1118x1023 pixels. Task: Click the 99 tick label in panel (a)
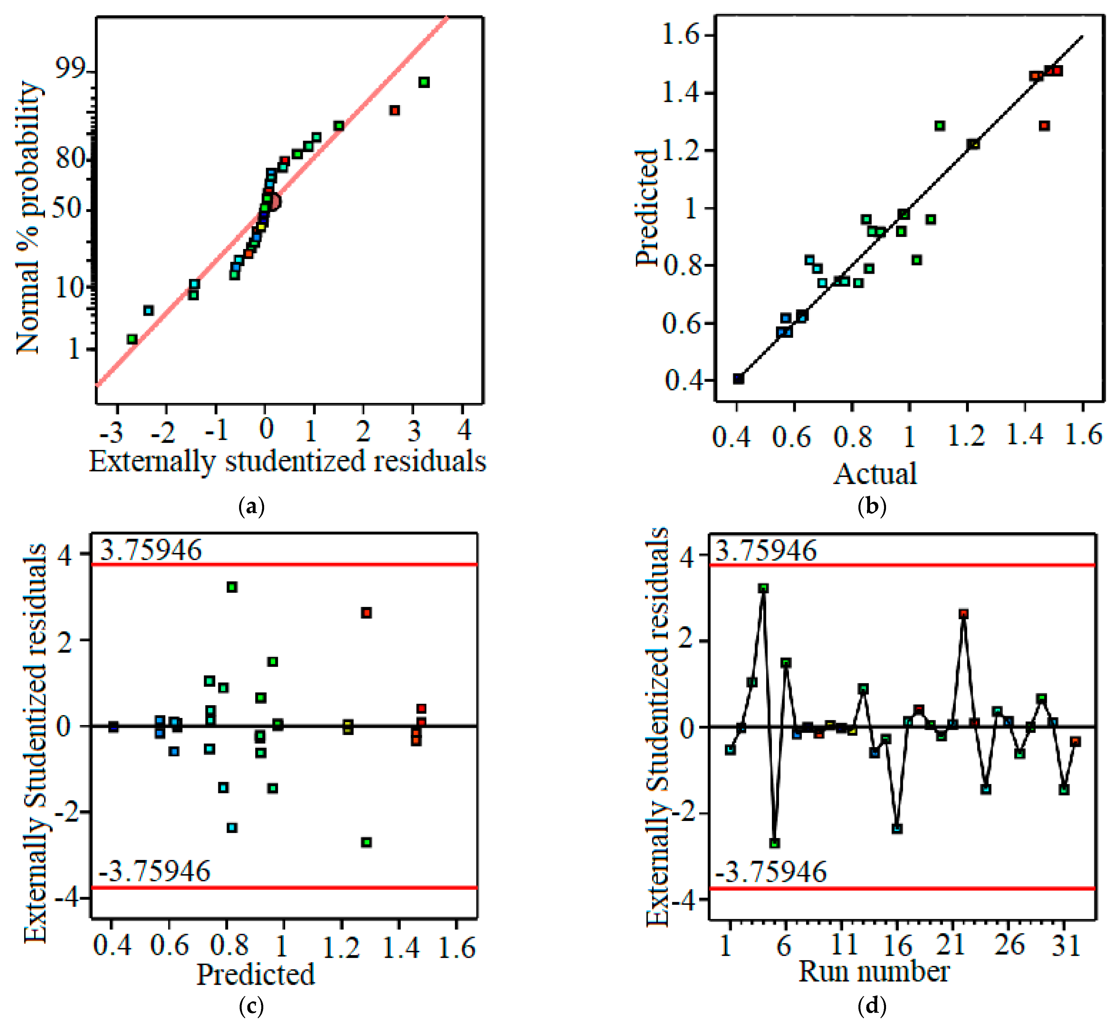coord(70,70)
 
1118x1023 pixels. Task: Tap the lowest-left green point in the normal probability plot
coord(132,339)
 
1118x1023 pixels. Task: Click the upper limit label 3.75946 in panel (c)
coord(151,551)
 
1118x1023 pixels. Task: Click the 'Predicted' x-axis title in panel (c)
coord(256,975)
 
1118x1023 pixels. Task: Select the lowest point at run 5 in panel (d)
coord(775,843)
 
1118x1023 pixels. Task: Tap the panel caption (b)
coord(872,506)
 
